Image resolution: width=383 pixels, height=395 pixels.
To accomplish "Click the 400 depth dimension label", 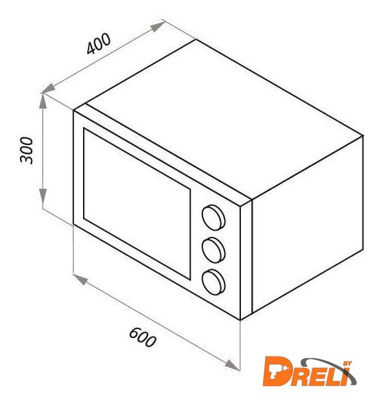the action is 98,43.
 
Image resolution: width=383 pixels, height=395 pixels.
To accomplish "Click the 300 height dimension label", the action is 26,150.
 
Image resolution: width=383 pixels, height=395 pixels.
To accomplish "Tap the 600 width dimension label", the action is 143,337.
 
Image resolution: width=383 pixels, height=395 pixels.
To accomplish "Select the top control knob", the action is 213,217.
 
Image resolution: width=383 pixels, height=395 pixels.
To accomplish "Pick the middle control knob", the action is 213,250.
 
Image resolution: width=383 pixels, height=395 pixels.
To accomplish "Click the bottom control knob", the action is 213,282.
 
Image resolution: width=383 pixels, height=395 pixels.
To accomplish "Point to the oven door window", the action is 137,203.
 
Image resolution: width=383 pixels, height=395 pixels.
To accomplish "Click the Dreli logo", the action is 310,372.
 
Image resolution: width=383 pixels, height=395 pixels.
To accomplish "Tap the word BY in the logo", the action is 348,363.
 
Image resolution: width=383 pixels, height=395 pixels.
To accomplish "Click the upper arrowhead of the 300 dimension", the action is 43,101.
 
